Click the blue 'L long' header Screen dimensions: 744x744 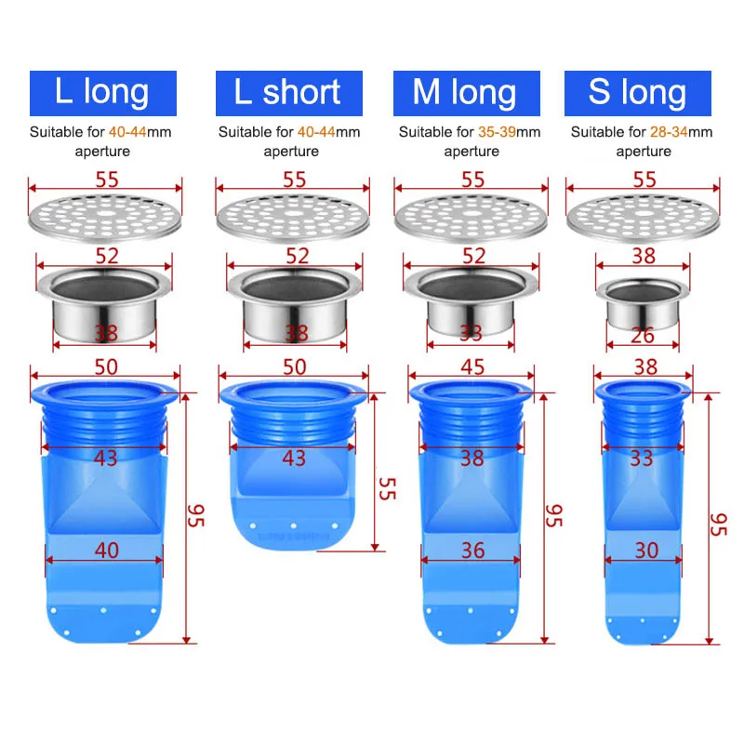pyautogui.click(x=102, y=93)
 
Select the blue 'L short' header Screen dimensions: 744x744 pyautogui.click(x=287, y=93)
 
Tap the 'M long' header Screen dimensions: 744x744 pyautogui.click(x=465, y=93)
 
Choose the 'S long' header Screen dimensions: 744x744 pyautogui.click(x=638, y=93)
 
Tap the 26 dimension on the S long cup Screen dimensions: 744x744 pyautogui.click(x=643, y=335)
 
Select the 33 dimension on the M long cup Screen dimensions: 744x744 pyautogui.click(x=472, y=332)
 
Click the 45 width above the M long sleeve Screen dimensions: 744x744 pyautogui.click(x=472, y=367)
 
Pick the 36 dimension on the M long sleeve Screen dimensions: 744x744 pyautogui.click(x=472, y=550)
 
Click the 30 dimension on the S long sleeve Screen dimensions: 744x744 pyautogui.click(x=645, y=550)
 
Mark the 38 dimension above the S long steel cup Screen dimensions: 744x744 pyautogui.click(x=644, y=257)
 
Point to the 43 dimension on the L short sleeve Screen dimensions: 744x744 pyautogui.click(x=294, y=458)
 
